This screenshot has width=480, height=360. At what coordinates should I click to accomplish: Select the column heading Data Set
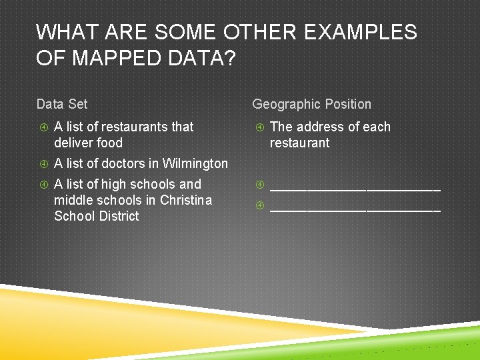(x=62, y=104)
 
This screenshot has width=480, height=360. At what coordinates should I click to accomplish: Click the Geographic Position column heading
(x=311, y=104)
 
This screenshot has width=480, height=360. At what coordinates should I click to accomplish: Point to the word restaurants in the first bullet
(x=137, y=127)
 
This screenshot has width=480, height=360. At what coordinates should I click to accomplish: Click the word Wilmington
(x=195, y=163)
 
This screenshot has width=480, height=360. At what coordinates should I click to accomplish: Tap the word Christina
(x=186, y=200)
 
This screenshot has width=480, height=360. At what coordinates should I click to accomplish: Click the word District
(x=119, y=216)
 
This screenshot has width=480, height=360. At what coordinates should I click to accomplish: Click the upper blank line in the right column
(x=355, y=189)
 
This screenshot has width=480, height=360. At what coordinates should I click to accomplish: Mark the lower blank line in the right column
(x=355, y=209)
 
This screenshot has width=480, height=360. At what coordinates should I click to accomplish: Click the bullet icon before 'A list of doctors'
(x=43, y=164)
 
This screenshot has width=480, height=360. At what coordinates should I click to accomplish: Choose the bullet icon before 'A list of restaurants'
(x=43, y=127)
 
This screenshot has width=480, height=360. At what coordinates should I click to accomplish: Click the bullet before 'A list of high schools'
(x=43, y=185)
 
